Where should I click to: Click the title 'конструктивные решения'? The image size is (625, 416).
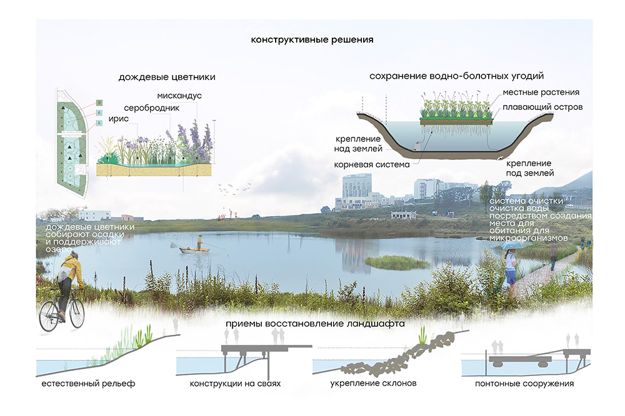coord(312,40)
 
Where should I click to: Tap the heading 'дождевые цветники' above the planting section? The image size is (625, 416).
coord(167,78)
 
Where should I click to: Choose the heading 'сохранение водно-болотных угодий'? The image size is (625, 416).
coord(456,76)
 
